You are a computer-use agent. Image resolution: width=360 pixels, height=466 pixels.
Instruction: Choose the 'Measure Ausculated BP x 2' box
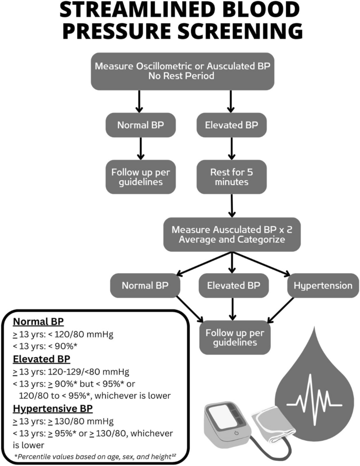click(x=232, y=235)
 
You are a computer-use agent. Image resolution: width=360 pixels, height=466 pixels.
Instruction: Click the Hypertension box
click(x=323, y=286)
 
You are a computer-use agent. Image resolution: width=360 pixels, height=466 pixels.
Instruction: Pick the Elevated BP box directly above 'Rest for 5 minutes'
click(x=231, y=126)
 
